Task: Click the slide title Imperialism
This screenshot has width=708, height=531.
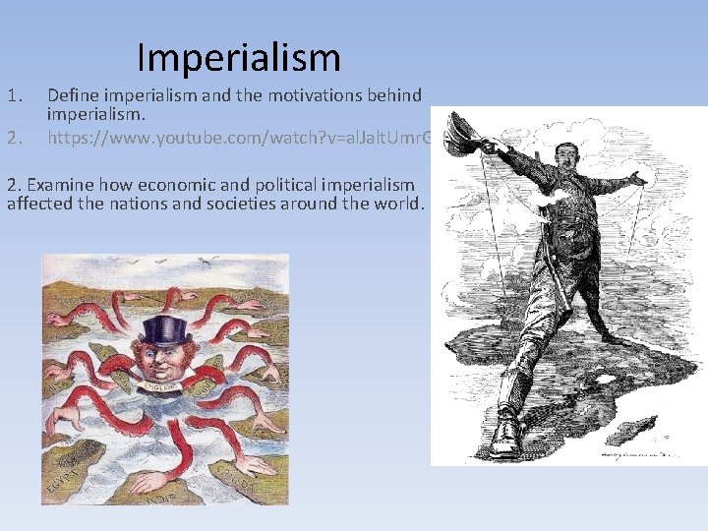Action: [x=239, y=57]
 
